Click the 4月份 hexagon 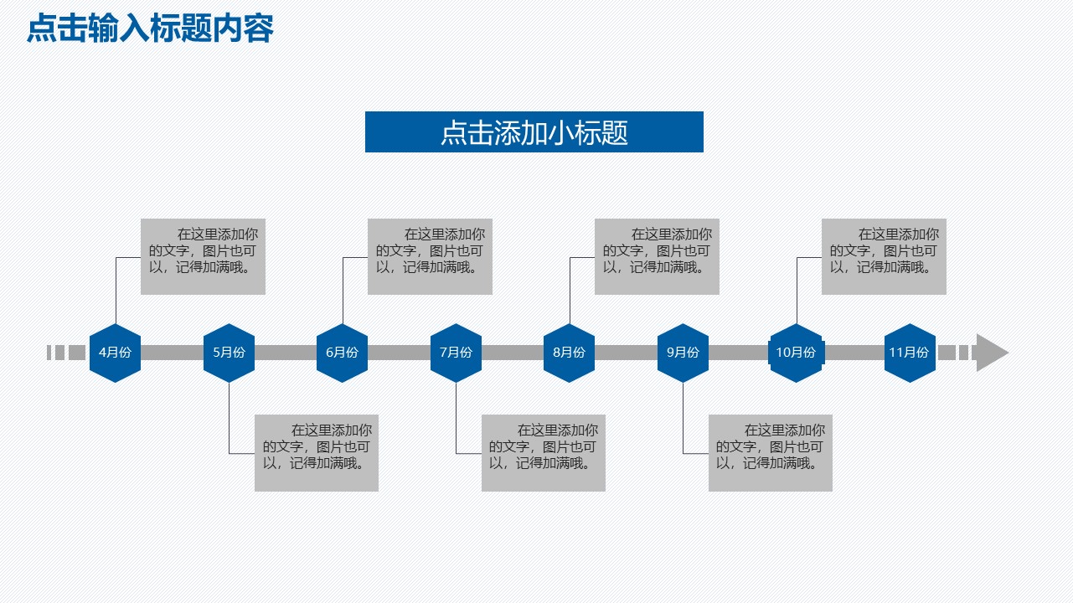tap(115, 353)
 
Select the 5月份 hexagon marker tap(229, 353)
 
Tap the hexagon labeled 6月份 tap(342, 353)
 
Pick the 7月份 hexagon tap(456, 353)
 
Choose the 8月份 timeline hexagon tap(569, 353)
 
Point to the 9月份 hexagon tap(683, 353)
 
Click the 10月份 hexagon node tap(796, 353)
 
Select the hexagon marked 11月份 tap(910, 353)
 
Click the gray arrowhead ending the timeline tap(991, 353)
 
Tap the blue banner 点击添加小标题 tap(534, 132)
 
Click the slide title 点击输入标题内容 tap(150, 29)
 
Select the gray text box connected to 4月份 tap(203, 257)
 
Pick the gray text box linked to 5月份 tap(317, 453)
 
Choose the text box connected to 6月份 tap(430, 257)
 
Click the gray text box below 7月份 tap(543, 453)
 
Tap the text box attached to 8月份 tap(657, 257)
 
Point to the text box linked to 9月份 tap(770, 453)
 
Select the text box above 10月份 tap(884, 257)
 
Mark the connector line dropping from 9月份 tap(684, 419)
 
